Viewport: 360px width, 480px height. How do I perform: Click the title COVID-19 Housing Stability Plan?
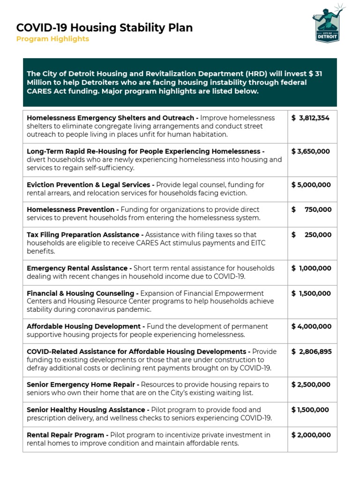(x=105, y=28)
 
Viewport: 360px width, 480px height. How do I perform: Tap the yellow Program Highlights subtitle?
(x=52, y=39)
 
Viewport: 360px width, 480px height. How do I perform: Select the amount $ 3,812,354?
(x=311, y=118)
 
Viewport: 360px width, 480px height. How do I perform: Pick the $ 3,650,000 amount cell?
(x=311, y=151)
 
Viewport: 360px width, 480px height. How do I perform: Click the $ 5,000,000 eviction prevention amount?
(x=311, y=185)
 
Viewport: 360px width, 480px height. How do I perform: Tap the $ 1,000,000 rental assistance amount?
(x=311, y=268)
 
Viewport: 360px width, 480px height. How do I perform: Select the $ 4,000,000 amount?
(x=311, y=326)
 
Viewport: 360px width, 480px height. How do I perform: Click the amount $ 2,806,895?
(x=311, y=352)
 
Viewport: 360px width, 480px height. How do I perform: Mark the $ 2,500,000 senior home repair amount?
(x=311, y=384)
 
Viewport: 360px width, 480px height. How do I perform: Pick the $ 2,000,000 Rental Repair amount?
(x=311, y=435)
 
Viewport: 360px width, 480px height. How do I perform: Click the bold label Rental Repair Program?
(x=67, y=435)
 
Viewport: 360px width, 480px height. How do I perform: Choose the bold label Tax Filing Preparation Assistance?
(x=85, y=235)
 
